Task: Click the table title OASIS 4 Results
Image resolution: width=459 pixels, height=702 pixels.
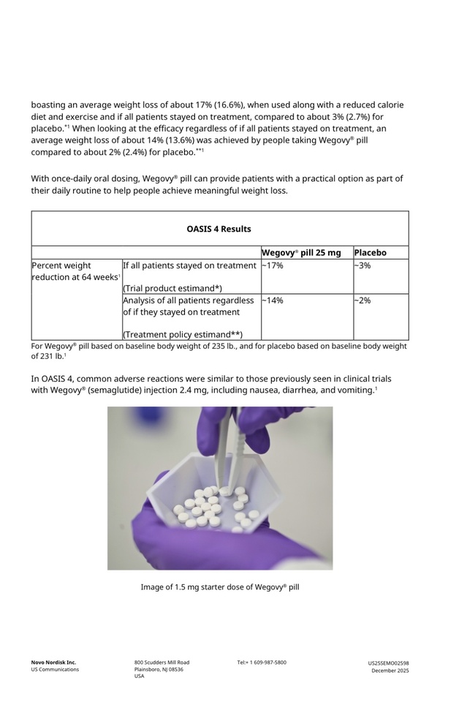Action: (x=219, y=229)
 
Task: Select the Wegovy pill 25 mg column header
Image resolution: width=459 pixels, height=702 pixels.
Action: (x=301, y=253)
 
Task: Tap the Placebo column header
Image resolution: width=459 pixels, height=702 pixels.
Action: (x=370, y=253)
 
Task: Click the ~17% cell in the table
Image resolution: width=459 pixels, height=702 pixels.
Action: (x=272, y=265)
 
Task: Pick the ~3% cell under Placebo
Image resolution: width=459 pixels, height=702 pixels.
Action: (x=362, y=265)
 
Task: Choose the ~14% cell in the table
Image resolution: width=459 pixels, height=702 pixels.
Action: (x=272, y=301)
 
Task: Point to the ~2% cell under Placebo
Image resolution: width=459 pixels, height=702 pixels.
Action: (x=362, y=301)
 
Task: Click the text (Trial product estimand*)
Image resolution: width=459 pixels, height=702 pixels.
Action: (x=172, y=288)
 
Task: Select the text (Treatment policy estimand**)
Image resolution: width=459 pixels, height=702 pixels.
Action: (x=182, y=334)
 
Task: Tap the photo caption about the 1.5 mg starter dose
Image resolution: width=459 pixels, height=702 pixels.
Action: (x=220, y=586)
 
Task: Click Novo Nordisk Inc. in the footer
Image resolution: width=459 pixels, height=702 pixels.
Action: (x=53, y=663)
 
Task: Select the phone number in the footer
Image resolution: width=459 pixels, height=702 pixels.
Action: (x=262, y=663)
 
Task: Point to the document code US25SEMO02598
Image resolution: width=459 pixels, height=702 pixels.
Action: (x=388, y=663)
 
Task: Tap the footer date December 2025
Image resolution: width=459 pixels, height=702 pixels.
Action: (x=390, y=671)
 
